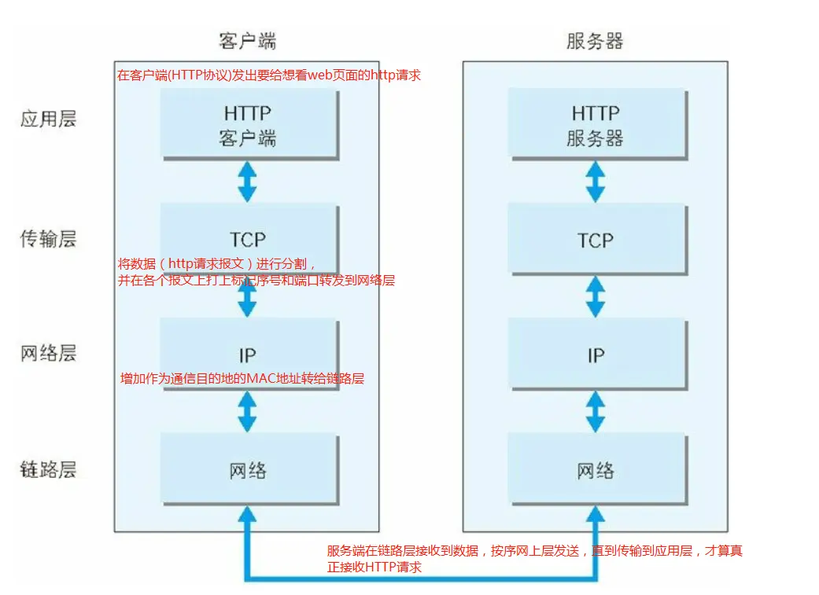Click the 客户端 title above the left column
pos(247,41)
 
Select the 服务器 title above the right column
pos(595,41)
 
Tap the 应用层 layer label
pos(48,119)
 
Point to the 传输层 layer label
pos(48,238)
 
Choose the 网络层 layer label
pos(48,353)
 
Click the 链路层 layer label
pos(48,470)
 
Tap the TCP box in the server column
pos(596,239)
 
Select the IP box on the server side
pos(596,354)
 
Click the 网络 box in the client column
pos(248,470)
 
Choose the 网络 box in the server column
pos(596,470)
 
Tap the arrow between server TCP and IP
pos(596,297)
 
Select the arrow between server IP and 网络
pos(596,412)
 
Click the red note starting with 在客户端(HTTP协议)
pos(269,75)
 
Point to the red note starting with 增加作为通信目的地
pos(242,379)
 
